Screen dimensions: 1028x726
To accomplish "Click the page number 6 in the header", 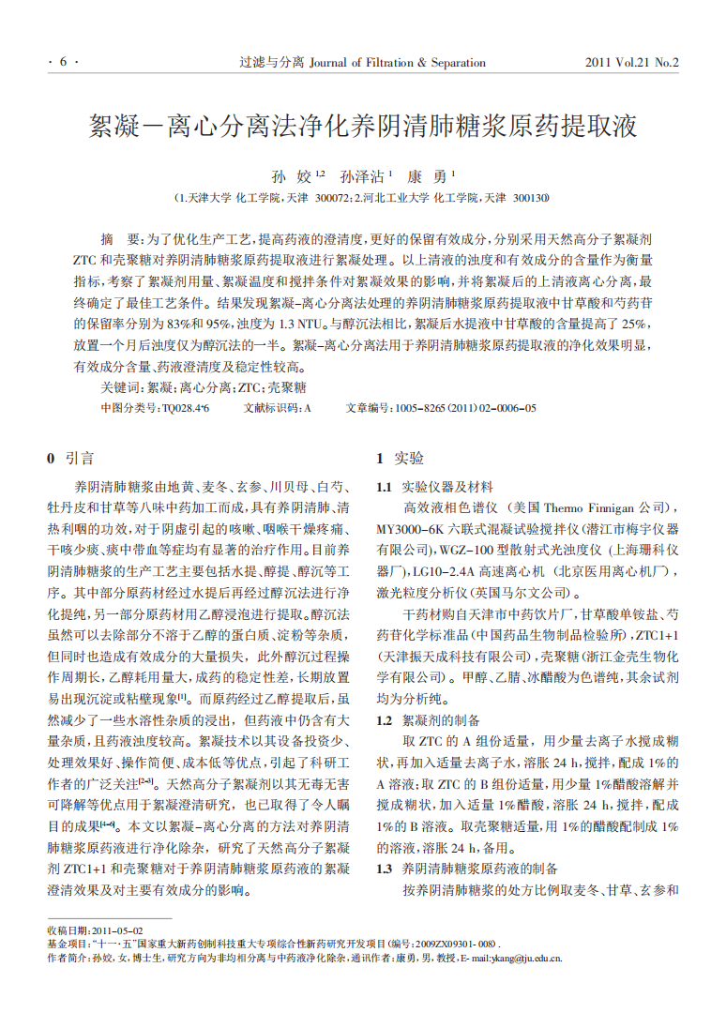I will coord(63,63).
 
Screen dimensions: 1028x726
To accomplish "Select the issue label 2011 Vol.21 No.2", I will coord(631,63).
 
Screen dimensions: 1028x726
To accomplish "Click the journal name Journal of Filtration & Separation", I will coord(396,63).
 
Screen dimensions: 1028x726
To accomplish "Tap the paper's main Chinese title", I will coord(363,127).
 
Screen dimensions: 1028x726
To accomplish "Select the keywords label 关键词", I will coord(121,386).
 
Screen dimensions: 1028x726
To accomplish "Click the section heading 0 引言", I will coord(70,459).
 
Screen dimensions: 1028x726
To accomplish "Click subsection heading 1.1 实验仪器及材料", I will coord(434,487).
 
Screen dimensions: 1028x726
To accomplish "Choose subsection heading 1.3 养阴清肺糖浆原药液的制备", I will coord(467,869).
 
